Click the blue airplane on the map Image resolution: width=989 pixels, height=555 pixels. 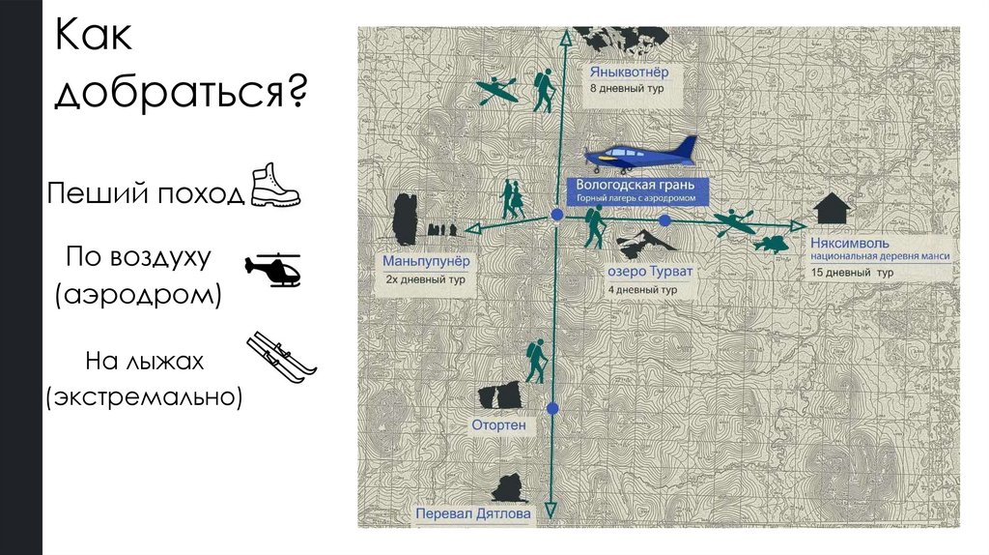click(x=641, y=153)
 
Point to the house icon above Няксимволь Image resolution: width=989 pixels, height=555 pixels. click(x=832, y=208)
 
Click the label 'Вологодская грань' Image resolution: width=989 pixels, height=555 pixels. click(x=636, y=184)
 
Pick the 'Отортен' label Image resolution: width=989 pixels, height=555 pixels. click(x=498, y=424)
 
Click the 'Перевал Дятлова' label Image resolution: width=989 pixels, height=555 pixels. click(x=473, y=514)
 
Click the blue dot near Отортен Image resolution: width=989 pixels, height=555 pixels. click(x=553, y=409)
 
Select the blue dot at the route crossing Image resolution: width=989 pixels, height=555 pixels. click(x=557, y=215)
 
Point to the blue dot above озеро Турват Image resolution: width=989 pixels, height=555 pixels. click(x=664, y=220)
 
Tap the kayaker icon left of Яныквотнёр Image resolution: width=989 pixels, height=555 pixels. click(x=499, y=90)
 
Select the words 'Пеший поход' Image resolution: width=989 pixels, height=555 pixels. click(x=145, y=193)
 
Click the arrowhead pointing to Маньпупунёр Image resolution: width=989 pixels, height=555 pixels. click(x=472, y=228)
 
